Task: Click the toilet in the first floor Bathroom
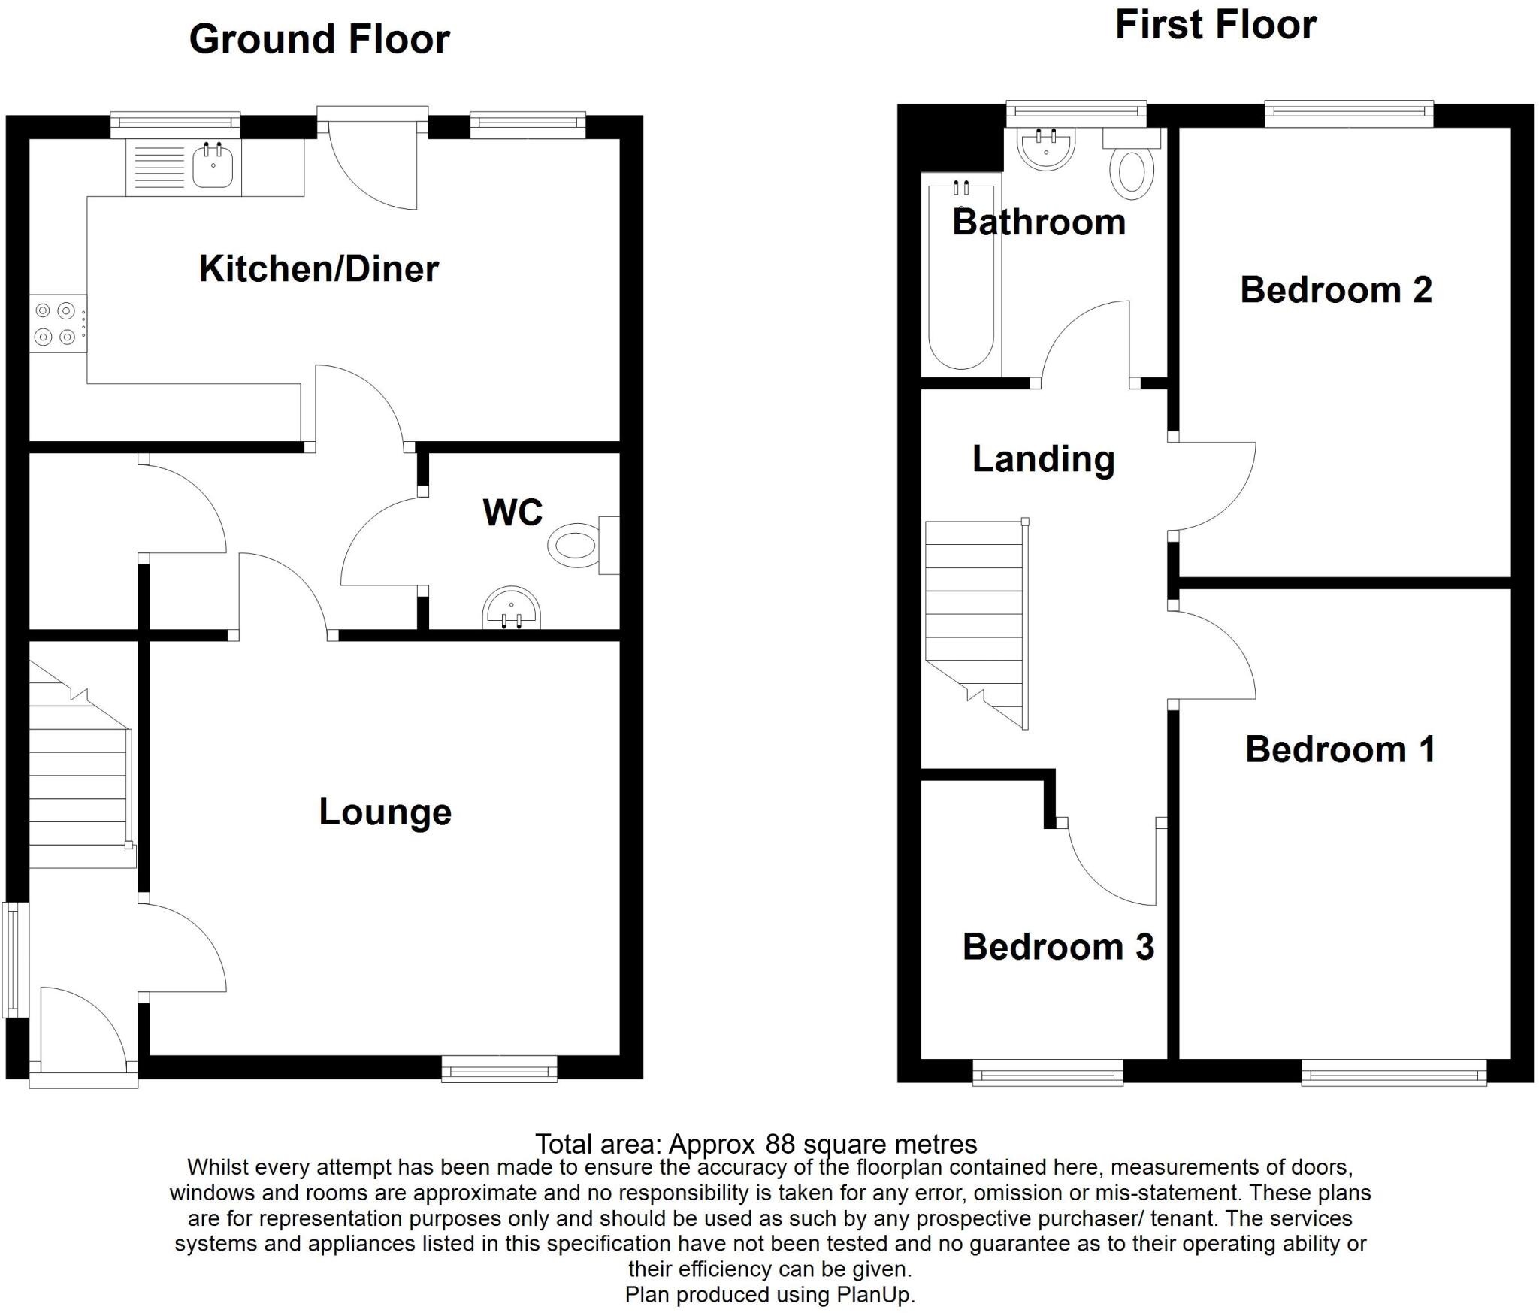click(x=1132, y=171)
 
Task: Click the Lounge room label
click(x=385, y=812)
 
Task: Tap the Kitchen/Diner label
click(x=318, y=269)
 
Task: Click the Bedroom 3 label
click(x=1057, y=947)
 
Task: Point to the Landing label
click(x=1043, y=459)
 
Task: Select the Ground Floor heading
click(x=319, y=39)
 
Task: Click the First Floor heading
click(x=1215, y=25)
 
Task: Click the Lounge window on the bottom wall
click(x=499, y=1068)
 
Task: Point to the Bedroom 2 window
click(x=1349, y=114)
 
